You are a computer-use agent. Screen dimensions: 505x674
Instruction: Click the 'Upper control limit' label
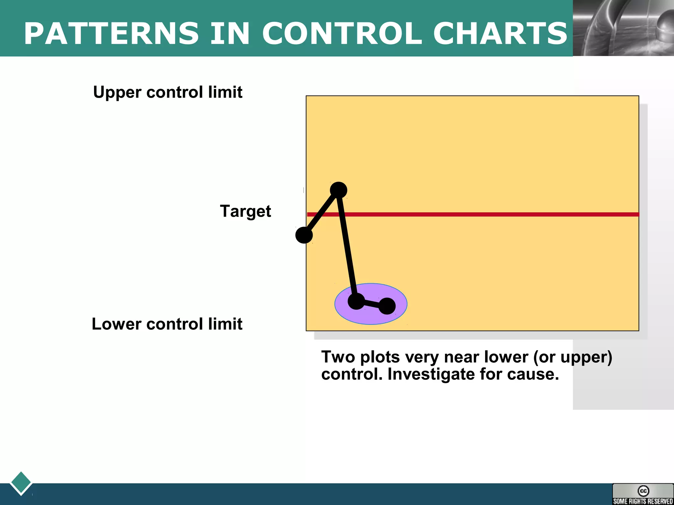pos(168,92)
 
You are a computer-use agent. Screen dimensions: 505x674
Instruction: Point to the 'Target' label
pos(245,211)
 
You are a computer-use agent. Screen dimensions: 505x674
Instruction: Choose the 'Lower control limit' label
pos(167,324)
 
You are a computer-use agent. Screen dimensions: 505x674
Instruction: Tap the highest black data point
pos(338,190)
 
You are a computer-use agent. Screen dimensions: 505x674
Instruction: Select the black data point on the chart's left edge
pos(304,235)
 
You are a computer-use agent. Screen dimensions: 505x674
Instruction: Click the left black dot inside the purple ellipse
pos(356,301)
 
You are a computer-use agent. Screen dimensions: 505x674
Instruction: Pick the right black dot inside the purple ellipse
pos(387,306)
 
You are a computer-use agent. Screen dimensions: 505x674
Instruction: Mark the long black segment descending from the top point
pos(347,245)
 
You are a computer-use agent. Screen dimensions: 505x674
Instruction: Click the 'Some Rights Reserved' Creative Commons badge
pos(643,494)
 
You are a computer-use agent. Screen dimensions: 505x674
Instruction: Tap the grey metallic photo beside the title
pos(623,28)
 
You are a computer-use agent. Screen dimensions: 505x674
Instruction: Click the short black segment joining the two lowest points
pos(372,303)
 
